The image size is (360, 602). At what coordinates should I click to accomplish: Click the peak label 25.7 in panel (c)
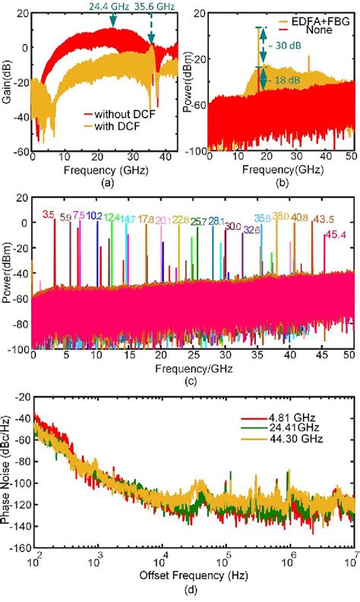[198, 222]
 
